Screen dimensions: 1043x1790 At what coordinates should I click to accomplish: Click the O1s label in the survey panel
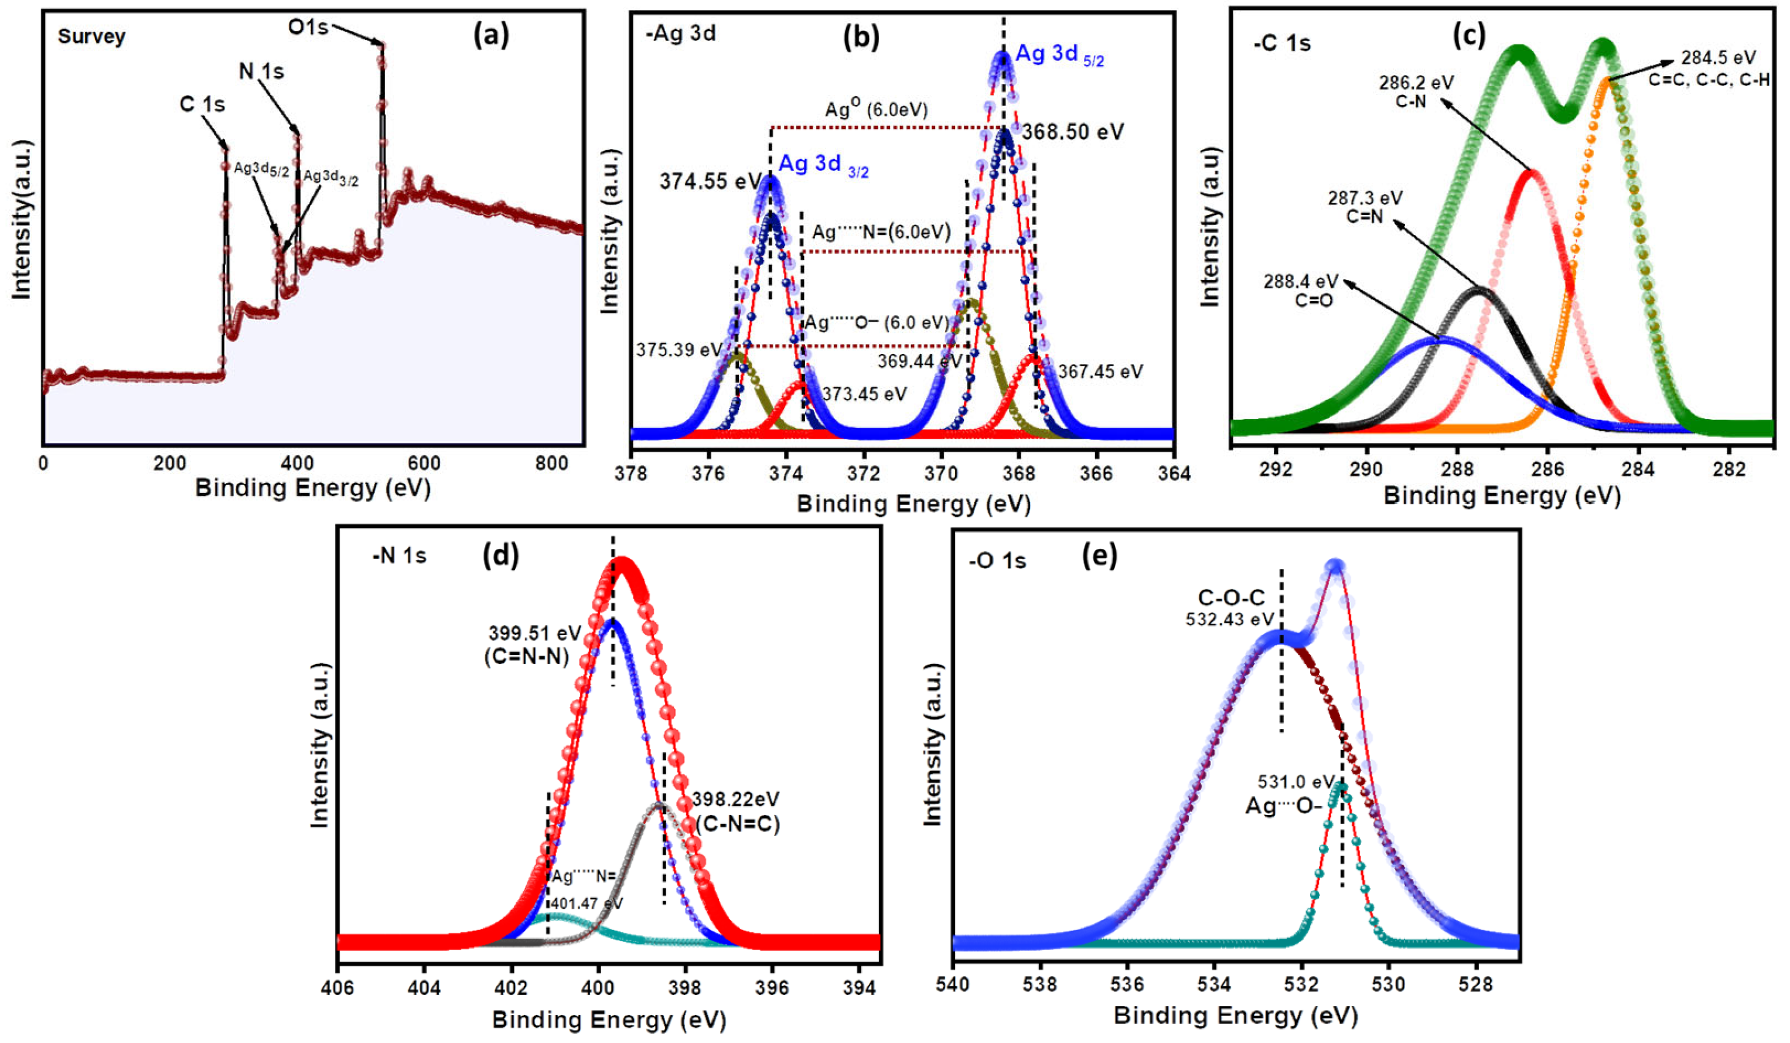point(308,27)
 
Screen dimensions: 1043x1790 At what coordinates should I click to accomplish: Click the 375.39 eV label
point(679,350)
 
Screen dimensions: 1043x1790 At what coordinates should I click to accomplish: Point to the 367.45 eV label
point(1100,371)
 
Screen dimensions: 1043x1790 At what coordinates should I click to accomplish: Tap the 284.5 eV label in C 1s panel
point(1717,57)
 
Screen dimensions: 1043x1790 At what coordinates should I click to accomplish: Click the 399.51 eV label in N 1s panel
point(534,633)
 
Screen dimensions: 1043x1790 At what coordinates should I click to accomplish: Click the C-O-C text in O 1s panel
point(1230,598)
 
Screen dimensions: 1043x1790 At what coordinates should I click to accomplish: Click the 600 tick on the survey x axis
point(424,464)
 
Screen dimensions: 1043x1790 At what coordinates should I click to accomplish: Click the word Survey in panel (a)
point(91,37)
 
